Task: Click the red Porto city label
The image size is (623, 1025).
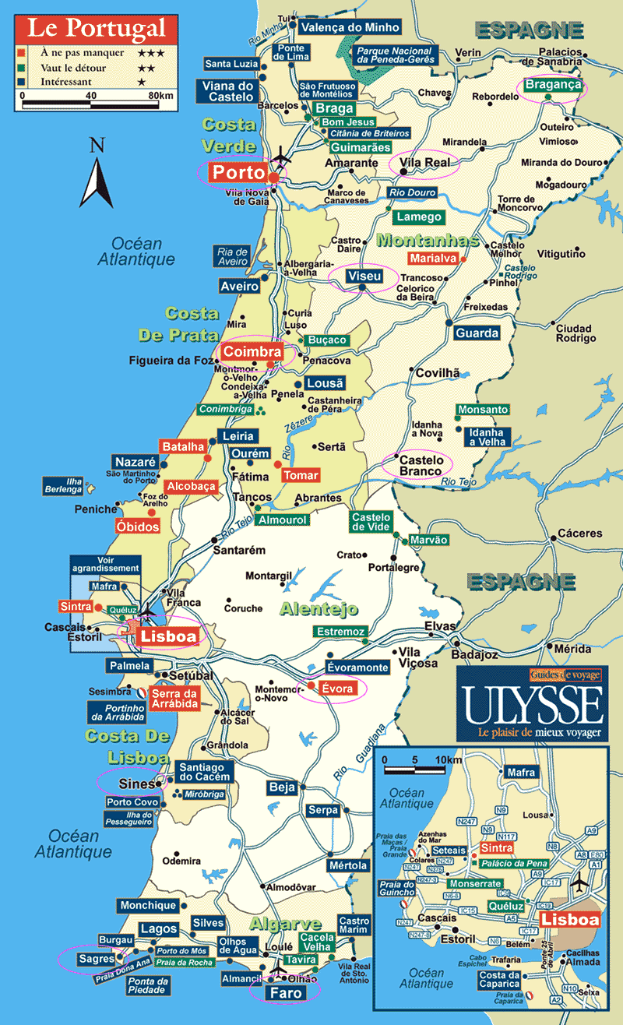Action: point(240,172)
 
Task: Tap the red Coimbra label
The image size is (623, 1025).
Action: point(252,351)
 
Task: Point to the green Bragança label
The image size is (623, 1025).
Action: point(553,85)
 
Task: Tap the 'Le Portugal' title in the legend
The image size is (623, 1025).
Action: point(97,30)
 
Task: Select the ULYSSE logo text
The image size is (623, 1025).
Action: point(531,706)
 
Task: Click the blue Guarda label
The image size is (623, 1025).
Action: point(477,333)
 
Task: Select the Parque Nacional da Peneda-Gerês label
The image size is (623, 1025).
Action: point(393,55)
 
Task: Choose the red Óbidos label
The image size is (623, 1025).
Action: point(137,527)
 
